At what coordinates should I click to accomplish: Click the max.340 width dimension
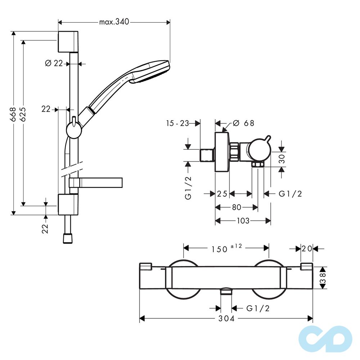(114, 22)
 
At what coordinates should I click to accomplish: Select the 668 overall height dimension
(13, 114)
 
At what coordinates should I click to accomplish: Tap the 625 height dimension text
(23, 114)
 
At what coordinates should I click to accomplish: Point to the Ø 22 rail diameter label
(54, 63)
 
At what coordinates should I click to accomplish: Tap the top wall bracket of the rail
(68, 41)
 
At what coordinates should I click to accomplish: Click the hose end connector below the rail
(68, 238)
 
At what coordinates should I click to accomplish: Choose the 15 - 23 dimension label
(177, 123)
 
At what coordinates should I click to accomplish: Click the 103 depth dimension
(243, 221)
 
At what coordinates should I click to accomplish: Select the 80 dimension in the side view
(236, 207)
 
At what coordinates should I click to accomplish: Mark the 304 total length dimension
(226, 319)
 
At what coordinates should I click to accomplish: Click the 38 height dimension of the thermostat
(323, 278)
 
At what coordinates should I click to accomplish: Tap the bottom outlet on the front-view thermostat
(226, 291)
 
